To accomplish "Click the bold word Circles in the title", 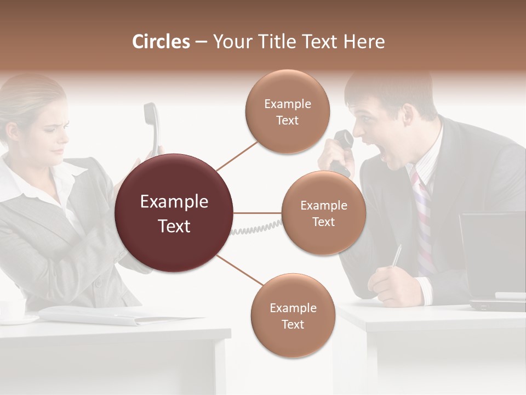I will (161, 42).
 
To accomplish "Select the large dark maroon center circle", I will (174, 213).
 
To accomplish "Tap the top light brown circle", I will (288, 111).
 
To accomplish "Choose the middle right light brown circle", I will (324, 213).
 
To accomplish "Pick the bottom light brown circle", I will (293, 315).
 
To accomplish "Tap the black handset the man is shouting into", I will (343, 144).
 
